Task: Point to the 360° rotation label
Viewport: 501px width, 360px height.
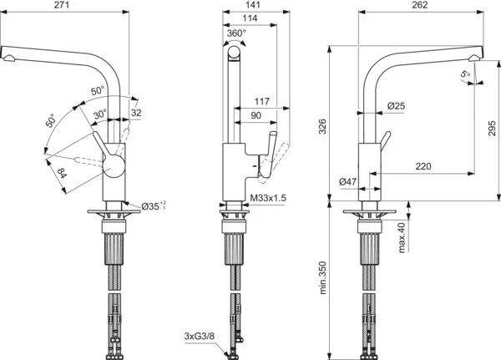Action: [237, 33]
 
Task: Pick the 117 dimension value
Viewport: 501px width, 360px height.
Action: [261, 102]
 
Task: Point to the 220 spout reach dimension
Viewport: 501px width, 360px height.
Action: [423, 167]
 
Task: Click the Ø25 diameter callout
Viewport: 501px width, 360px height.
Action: [397, 106]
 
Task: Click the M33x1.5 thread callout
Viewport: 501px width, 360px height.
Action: [269, 199]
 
